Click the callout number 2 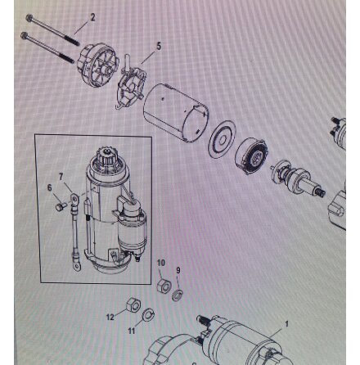coord(92,17)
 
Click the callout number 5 coord(159,46)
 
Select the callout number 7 coord(61,177)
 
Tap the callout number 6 coord(49,187)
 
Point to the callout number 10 coord(161,263)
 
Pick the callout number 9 coord(178,270)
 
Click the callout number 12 coord(110,317)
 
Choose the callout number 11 coord(132,331)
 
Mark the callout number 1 coord(286,324)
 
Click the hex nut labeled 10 coord(164,285)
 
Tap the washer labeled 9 coord(178,295)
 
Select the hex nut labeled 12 coord(133,304)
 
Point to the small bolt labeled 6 coord(61,206)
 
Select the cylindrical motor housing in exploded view coord(176,112)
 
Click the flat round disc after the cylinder coord(222,139)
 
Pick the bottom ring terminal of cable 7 coord(77,265)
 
